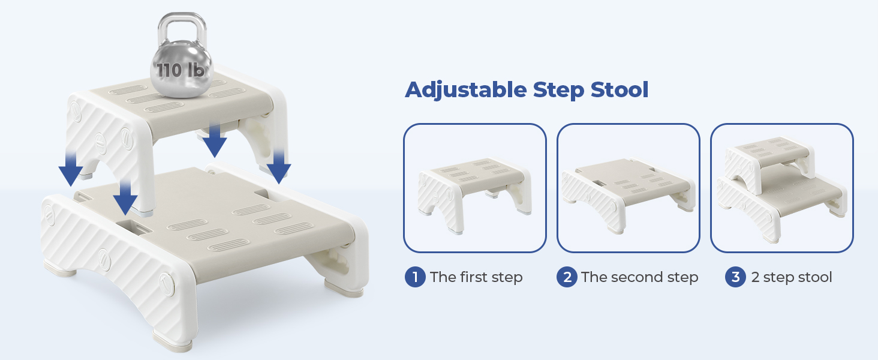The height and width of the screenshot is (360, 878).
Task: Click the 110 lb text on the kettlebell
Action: [181, 70]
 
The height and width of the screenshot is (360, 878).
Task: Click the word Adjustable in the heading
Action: [466, 91]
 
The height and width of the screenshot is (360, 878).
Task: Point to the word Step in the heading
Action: [558, 91]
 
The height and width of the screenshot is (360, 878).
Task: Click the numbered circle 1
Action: [415, 277]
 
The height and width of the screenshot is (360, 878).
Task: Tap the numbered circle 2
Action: [567, 277]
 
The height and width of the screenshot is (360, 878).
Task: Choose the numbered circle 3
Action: [735, 277]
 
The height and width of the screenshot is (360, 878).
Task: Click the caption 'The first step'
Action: [476, 277]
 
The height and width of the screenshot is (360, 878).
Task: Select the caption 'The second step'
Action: [640, 277]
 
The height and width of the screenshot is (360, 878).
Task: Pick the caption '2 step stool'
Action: [792, 277]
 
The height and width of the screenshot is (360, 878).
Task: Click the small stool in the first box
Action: [474, 194]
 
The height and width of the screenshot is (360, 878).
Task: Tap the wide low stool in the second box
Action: [629, 195]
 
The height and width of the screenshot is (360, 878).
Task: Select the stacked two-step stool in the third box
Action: [782, 188]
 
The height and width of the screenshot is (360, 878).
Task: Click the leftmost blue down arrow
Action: [71, 169]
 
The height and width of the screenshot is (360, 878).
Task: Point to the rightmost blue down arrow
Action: [279, 166]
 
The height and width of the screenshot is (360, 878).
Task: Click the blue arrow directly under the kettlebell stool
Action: [215, 140]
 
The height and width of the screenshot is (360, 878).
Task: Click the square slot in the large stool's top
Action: [134, 227]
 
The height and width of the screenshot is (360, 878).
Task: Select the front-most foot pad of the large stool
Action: [173, 340]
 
